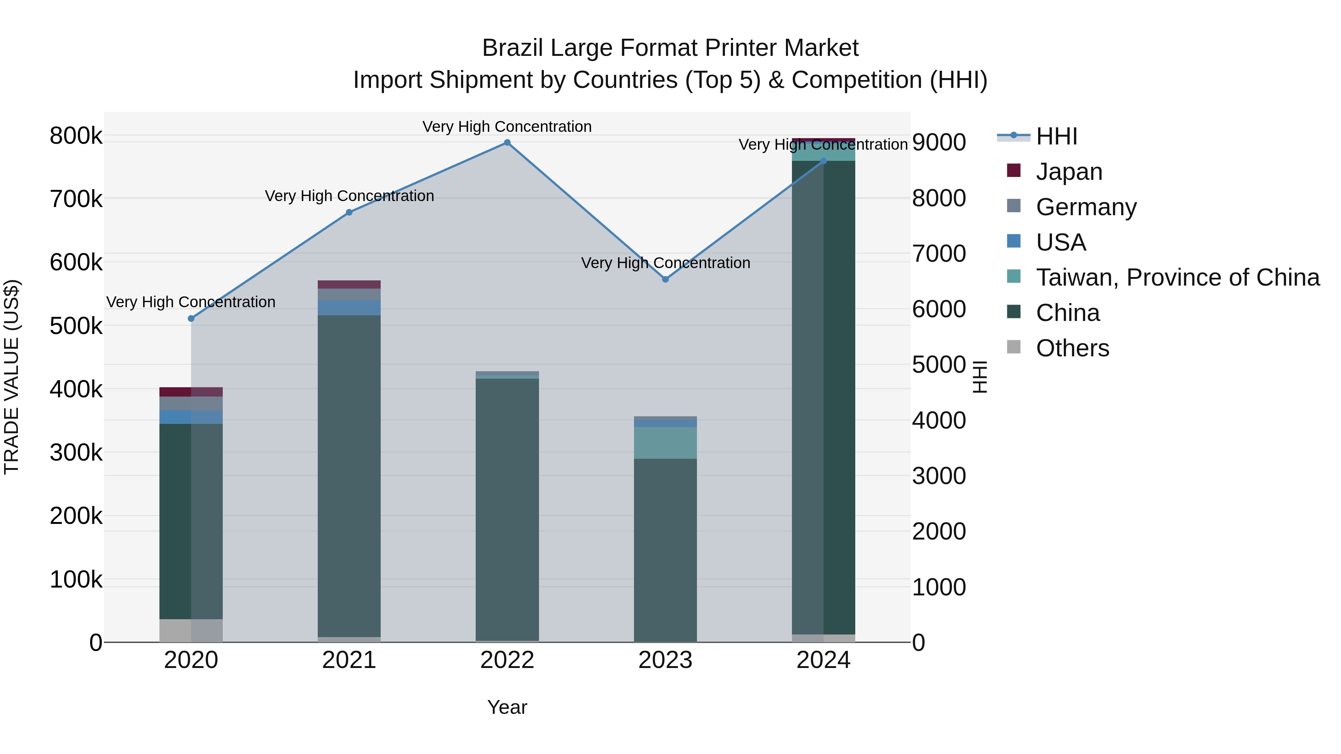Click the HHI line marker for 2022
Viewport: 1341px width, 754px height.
(x=507, y=143)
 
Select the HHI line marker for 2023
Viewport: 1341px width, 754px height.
(x=665, y=279)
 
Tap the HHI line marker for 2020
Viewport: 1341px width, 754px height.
(x=191, y=318)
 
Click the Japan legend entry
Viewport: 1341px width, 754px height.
(x=1069, y=172)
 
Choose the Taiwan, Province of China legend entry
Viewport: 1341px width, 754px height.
(x=1177, y=277)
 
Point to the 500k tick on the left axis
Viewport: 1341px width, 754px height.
(x=76, y=326)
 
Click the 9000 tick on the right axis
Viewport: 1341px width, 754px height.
(x=939, y=142)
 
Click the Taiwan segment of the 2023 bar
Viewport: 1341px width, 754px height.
(x=665, y=443)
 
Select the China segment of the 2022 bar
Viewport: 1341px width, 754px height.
(x=507, y=510)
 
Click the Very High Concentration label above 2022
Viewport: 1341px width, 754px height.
(x=507, y=127)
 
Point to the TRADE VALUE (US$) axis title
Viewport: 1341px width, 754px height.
(x=12, y=377)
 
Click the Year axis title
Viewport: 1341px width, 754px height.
(x=507, y=707)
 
